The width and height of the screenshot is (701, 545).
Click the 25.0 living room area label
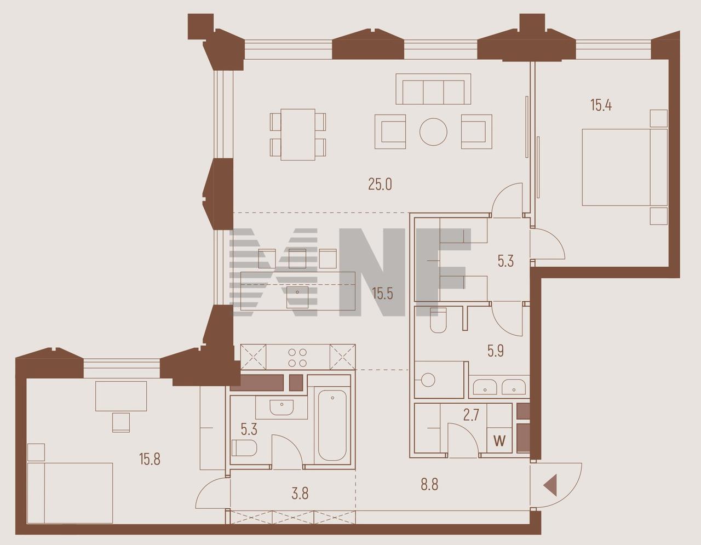(380, 185)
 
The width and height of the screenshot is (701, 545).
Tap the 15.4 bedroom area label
(601, 106)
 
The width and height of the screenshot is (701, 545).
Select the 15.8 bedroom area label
(150, 459)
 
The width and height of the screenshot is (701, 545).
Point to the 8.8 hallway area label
(429, 484)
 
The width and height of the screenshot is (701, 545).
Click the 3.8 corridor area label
(300, 494)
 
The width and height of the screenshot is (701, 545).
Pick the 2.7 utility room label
(471, 416)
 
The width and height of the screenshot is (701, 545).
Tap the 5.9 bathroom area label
(496, 351)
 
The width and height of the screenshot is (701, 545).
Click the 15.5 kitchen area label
(382, 294)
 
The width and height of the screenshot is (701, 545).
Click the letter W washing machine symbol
(499, 440)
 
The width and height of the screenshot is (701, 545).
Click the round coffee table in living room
(433, 131)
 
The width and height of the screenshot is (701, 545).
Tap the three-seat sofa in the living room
(433, 89)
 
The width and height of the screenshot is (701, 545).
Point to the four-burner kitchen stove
(297, 357)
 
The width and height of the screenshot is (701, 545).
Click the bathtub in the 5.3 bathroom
(332, 426)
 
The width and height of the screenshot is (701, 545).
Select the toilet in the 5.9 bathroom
(438, 321)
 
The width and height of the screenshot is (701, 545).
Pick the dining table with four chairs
(298, 135)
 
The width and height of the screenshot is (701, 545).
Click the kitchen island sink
(297, 297)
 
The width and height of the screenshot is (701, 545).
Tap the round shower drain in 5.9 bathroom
(428, 380)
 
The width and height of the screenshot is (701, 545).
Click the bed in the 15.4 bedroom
(624, 168)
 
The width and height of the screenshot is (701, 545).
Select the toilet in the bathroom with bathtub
(244, 448)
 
